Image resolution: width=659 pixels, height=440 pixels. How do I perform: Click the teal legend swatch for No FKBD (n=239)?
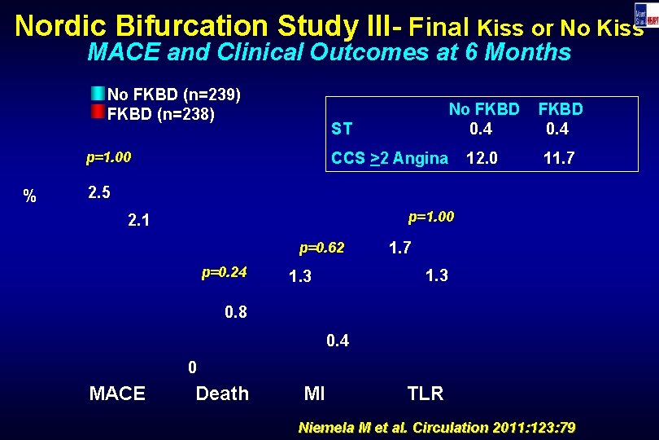pos(98,93)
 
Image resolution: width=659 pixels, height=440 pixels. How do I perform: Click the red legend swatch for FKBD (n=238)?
pos(98,112)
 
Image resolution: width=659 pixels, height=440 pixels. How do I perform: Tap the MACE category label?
pos(117,394)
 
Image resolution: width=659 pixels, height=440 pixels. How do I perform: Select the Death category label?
pos(222,394)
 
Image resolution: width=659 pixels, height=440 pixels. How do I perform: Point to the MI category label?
pos(314,394)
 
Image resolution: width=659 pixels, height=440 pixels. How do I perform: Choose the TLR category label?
pos(425,394)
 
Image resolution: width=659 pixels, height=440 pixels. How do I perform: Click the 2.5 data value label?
pos(98,194)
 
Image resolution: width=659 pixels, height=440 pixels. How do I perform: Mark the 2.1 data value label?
pos(140,220)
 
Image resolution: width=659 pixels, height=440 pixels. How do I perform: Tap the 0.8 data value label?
pos(235,312)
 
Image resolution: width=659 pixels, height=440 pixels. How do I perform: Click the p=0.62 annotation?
pos(321,247)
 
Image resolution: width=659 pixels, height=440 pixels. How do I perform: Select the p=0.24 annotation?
pos(224,271)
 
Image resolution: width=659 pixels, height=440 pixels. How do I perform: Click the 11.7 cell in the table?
pos(561,159)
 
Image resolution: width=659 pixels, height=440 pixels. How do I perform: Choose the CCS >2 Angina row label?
pos(390,159)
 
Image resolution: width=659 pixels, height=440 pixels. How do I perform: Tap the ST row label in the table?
pos(342,129)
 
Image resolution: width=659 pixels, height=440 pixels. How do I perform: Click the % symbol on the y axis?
pos(30,196)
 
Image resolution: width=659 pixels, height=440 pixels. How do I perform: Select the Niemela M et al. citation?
pos(439,427)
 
